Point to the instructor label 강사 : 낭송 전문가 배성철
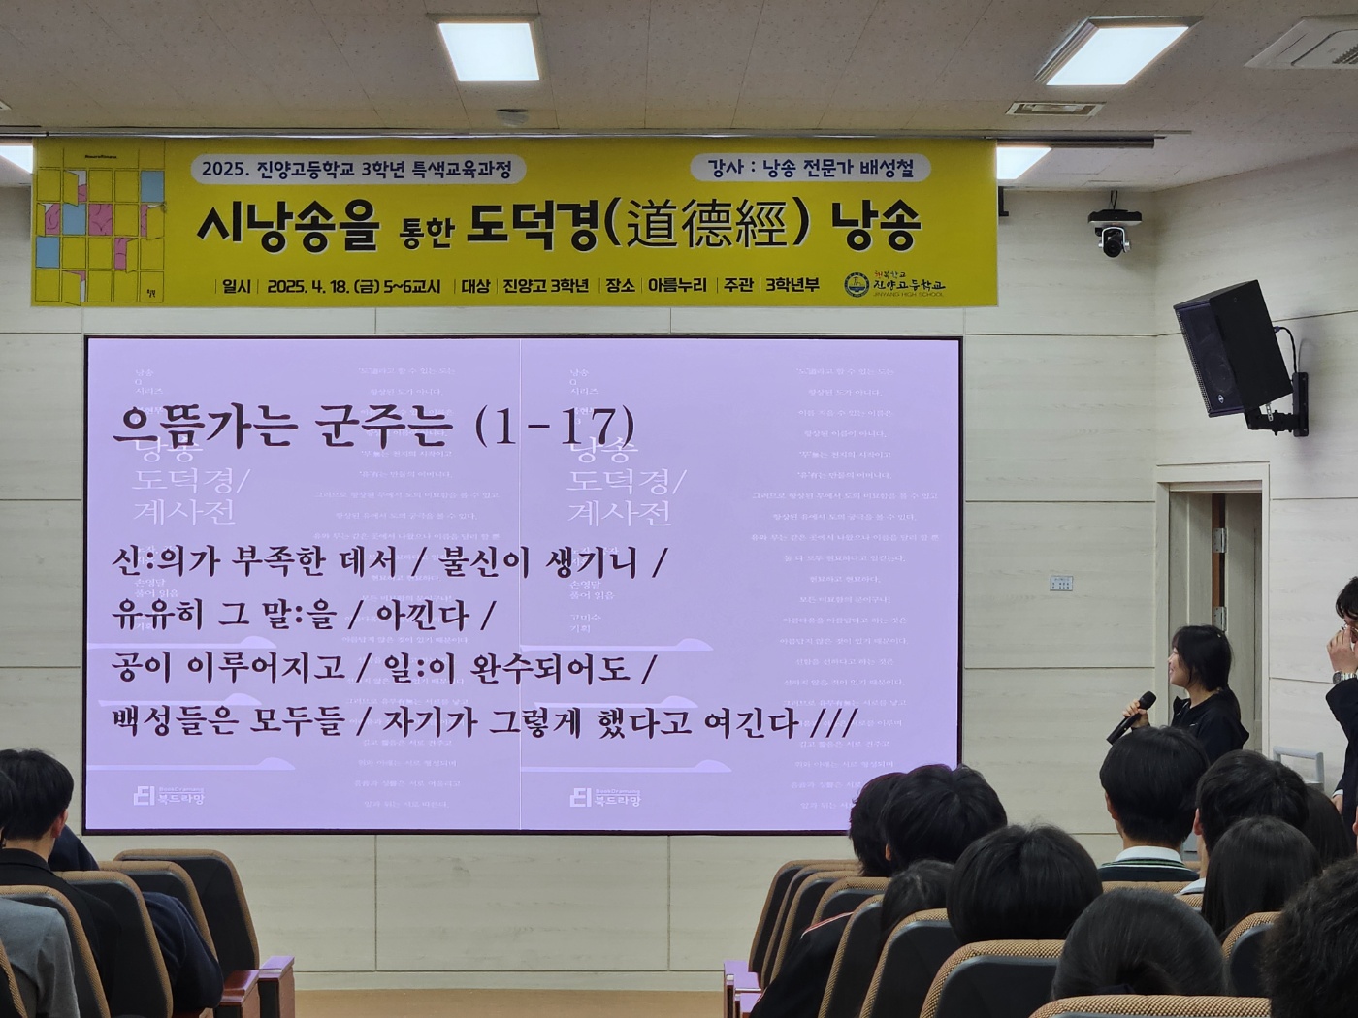click(x=811, y=168)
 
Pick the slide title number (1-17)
click(x=555, y=426)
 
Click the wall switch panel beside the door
click(x=1060, y=583)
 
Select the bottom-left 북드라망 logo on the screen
click(x=169, y=796)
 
